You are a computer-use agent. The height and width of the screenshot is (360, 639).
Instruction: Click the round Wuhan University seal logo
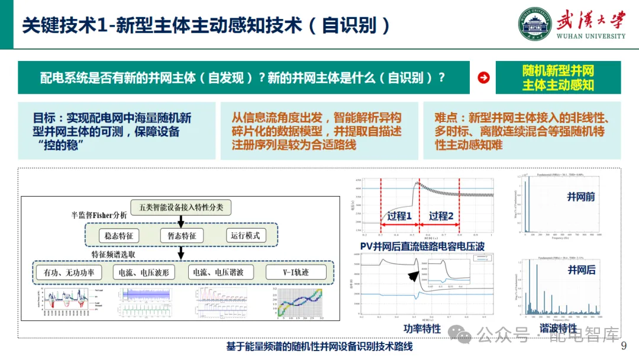pos(535,23)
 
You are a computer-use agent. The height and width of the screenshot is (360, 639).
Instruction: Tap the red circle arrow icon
pos(483,78)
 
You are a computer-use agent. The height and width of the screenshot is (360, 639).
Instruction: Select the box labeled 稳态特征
pos(119,235)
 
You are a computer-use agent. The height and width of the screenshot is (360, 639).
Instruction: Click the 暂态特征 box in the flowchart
pos(182,235)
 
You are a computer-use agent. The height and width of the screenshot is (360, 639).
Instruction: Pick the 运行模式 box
pos(246,235)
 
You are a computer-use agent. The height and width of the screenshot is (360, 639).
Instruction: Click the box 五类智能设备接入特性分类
pos(180,207)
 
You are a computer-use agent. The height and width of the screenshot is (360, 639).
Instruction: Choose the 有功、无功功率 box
pos(69,273)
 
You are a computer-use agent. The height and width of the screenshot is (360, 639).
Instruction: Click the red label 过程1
pos(400,216)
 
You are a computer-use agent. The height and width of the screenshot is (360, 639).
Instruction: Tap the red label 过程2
pos(441,216)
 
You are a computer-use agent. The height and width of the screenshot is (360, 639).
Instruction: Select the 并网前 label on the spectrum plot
pos(581,197)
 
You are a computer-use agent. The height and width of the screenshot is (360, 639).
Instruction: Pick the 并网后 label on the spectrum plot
pos(581,270)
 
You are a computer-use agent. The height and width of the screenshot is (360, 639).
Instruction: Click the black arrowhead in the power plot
pos(412,277)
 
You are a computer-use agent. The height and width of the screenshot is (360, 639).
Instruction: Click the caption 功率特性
pos(422,328)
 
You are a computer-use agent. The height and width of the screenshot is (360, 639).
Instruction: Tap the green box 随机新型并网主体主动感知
pos(558,78)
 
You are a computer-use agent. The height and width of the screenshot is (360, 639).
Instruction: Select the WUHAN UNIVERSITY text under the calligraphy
pos(590,36)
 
